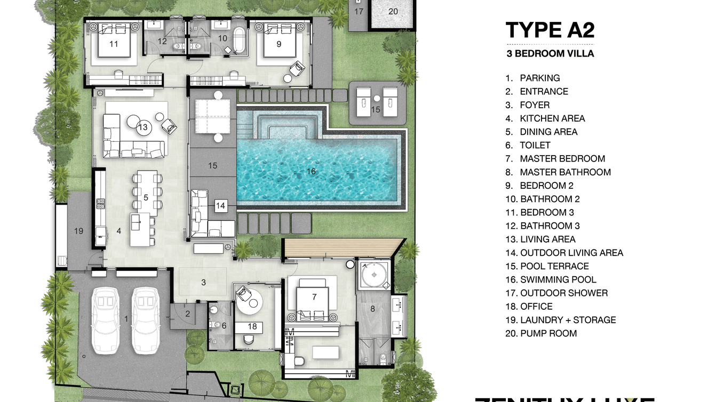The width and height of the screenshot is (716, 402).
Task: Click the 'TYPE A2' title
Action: coord(550,30)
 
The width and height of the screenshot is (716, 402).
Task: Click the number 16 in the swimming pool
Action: coord(312,171)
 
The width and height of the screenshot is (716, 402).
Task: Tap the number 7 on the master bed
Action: coord(314,296)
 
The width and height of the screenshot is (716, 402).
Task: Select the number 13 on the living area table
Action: coord(142,127)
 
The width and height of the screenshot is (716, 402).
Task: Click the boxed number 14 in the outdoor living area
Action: coord(220,205)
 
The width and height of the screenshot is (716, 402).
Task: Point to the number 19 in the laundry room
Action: coord(79,231)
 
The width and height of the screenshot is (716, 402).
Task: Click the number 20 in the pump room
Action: coord(393,11)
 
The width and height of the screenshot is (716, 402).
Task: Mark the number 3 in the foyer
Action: coord(203,282)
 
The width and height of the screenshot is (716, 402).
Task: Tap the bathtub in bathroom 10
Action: coord(241,42)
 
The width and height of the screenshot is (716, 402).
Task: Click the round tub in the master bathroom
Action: coord(373,275)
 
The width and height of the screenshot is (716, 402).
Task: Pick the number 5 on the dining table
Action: coord(146,197)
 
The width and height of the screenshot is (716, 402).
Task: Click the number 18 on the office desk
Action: coord(252,326)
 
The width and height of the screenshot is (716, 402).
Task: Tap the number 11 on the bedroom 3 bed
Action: coord(114,44)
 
